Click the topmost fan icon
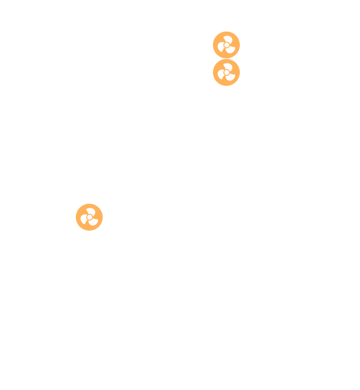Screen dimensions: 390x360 click(226, 45)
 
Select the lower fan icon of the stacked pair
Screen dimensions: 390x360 click(226, 72)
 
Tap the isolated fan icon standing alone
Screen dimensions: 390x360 click(89, 217)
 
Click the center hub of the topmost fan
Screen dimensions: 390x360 click(226, 45)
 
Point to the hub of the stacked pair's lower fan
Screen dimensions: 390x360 click(226, 72)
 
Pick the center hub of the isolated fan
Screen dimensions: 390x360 click(89, 217)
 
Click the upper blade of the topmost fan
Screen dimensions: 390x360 click(229, 39)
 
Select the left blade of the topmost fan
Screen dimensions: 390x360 click(221, 48)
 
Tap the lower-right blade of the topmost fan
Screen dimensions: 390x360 click(230, 50)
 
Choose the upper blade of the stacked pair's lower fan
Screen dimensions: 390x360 click(229, 66)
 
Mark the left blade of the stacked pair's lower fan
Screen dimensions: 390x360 click(221, 75)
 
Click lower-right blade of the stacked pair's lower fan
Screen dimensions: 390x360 click(230, 78)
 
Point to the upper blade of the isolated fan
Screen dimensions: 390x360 click(92, 211)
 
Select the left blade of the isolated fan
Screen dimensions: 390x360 click(83, 220)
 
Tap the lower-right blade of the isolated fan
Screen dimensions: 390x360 click(93, 222)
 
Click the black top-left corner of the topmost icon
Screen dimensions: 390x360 click(214, 33)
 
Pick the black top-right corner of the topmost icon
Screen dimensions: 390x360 click(239, 33)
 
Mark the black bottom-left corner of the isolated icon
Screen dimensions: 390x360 click(77, 229)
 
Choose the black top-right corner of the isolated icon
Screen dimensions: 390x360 click(102, 205)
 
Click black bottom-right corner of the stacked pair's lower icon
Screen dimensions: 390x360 click(239, 85)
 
